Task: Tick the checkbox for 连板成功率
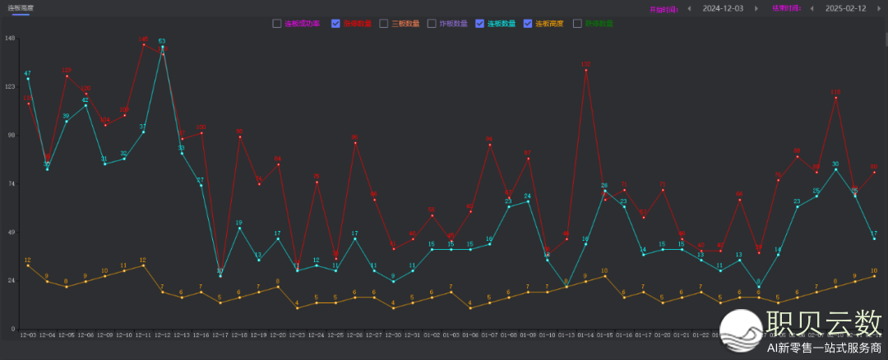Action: pyautogui.click(x=277, y=23)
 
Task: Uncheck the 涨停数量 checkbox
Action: pyautogui.click(x=335, y=23)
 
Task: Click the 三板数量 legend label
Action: pyautogui.click(x=406, y=23)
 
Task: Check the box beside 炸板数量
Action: pyautogui.click(x=432, y=23)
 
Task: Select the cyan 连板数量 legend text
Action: pyautogui.click(x=501, y=23)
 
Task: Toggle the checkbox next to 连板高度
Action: pyautogui.click(x=528, y=23)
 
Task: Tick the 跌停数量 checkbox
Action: pyautogui.click(x=577, y=23)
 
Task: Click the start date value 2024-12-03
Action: pyautogui.click(x=723, y=8)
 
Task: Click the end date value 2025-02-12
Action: pyautogui.click(x=845, y=8)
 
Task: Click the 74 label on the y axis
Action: pyautogui.click(x=11, y=183)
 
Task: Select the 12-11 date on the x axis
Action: pyautogui.click(x=143, y=335)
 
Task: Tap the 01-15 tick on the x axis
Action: pyautogui.click(x=605, y=335)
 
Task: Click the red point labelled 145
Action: pyautogui.click(x=144, y=44)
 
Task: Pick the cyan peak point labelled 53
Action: pyautogui.click(x=162, y=47)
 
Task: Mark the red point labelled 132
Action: pyautogui.click(x=585, y=71)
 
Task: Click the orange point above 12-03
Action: pyautogui.click(x=28, y=265)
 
